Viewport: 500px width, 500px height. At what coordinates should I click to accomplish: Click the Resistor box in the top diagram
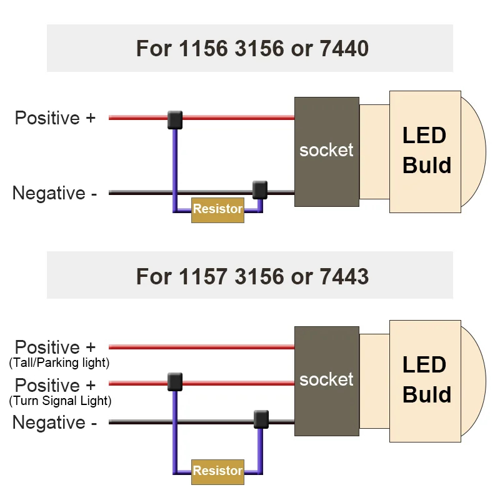click(x=217, y=209)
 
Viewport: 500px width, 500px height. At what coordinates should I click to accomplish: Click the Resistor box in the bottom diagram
click(x=217, y=471)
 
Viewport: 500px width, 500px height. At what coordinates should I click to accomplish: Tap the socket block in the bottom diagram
click(x=326, y=380)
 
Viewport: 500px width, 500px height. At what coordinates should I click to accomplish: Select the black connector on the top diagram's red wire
click(x=175, y=119)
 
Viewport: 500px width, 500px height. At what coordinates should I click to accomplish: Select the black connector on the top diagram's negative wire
click(x=259, y=189)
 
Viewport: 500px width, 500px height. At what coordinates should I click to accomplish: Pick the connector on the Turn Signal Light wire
click(x=175, y=381)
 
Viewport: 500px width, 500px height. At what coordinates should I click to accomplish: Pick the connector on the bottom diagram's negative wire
click(x=261, y=419)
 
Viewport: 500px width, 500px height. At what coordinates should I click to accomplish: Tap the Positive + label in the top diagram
click(x=55, y=118)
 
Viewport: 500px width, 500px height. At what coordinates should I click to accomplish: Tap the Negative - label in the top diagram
click(x=54, y=193)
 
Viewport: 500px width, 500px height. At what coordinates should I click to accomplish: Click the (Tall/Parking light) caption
click(x=59, y=362)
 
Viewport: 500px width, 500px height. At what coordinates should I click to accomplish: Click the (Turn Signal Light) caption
click(x=60, y=401)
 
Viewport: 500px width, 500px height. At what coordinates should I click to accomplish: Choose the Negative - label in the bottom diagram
click(x=54, y=422)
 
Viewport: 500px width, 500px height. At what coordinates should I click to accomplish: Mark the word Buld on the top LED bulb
click(x=427, y=166)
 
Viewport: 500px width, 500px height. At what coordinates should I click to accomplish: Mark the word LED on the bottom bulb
click(x=424, y=365)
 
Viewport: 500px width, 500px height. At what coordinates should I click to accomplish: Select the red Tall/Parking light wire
click(x=200, y=347)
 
